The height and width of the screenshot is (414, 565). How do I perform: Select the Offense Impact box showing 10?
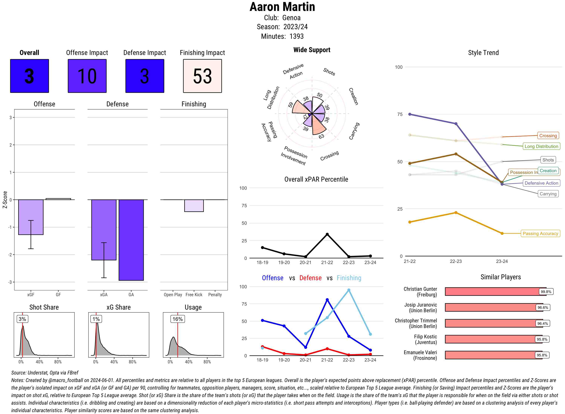[87, 76]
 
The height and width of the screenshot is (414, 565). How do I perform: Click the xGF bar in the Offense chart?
[31, 217]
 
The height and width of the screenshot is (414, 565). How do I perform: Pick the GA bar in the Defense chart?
[131, 240]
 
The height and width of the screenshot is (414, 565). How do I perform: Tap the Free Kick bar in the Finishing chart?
[194, 206]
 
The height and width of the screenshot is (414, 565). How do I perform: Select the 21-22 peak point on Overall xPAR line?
[327, 234]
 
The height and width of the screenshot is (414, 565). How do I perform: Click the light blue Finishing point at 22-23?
[349, 290]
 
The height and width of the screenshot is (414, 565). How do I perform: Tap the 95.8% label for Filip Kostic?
[542, 339]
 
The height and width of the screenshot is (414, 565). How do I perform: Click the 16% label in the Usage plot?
[178, 319]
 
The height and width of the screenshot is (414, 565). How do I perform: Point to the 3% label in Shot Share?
[22, 319]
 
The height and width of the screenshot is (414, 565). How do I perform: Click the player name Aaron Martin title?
[282, 7]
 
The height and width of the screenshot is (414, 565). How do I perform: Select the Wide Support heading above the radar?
[312, 50]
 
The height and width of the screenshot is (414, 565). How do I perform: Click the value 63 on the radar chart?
[321, 136]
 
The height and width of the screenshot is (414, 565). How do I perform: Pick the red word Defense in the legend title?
[310, 278]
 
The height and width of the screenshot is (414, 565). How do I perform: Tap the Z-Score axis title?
[5, 200]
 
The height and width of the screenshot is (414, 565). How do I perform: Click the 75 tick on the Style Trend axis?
[399, 114]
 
